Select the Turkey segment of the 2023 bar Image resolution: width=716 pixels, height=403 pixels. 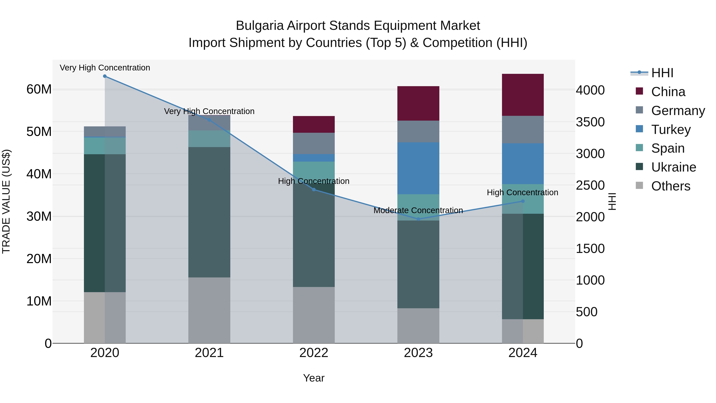coord(418,168)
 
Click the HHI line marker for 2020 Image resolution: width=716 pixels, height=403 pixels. coord(105,76)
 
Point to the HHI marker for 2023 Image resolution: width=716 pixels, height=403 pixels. coord(418,219)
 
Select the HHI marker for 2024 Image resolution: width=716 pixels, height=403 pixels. coord(522,201)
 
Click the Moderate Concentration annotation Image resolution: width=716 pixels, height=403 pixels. coord(418,210)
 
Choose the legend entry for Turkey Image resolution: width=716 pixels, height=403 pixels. coord(670,130)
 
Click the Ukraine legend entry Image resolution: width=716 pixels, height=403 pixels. coord(673,167)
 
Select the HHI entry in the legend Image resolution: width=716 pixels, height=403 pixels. coord(662,73)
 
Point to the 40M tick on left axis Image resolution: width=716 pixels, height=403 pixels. coord(39,174)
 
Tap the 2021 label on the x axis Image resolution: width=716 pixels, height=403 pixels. coord(209,353)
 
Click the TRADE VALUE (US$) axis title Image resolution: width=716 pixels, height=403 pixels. coord(6,201)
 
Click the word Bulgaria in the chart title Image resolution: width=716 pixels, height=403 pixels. coord(260,26)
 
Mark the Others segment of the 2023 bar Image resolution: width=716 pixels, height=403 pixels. coord(418,325)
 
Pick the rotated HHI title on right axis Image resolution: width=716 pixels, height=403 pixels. coord(612,201)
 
